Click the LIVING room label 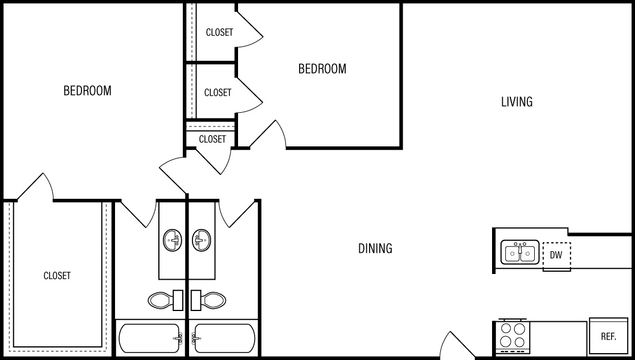[517, 101]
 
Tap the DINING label [375, 248]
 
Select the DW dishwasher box [556, 256]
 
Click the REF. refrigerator [608, 336]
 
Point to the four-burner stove [513, 335]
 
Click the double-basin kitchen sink [520, 252]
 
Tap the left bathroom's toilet [165, 300]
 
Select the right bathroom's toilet [208, 300]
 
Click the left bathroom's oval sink [173, 240]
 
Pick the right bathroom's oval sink [201, 240]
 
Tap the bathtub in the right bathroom [223, 338]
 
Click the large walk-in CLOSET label [57, 276]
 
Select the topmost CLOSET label [219, 32]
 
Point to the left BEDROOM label [88, 91]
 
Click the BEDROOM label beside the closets [322, 69]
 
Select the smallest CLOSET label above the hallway [212, 140]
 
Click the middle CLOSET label [218, 93]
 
